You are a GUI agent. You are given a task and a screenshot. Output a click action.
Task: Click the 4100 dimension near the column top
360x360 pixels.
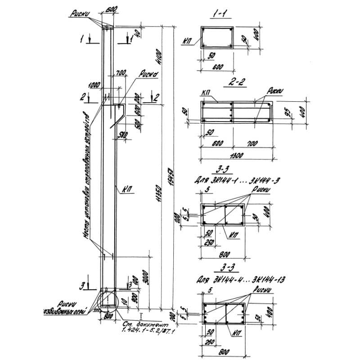pyautogui.click(x=157, y=56)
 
